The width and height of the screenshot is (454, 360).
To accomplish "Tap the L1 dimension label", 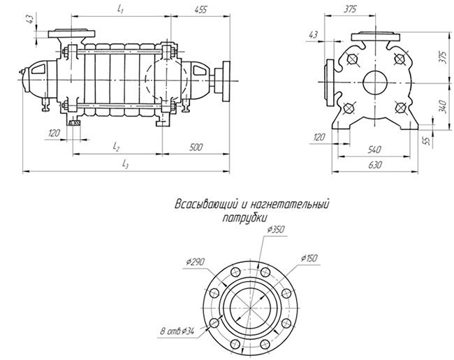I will tap(121, 10).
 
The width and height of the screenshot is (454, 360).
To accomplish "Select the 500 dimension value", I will tap(196, 148).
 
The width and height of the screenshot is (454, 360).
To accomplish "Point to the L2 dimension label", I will tap(117, 148).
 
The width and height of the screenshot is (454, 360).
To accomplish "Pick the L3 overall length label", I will tap(126, 164).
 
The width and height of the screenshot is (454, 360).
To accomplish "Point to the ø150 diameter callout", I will tap(309, 259).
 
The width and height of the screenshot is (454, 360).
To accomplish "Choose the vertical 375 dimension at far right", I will tap(442, 58).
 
